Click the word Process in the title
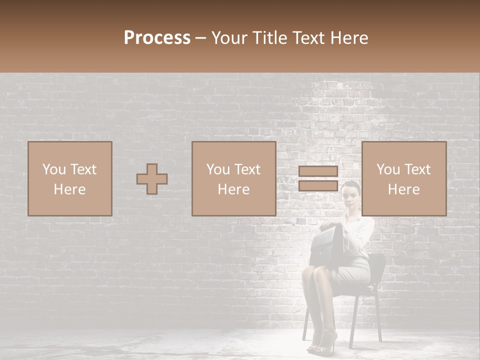pos(157,38)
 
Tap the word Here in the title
pos(349,38)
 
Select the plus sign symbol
pos(152,179)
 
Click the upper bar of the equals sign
pos(318,171)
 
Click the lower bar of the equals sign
pos(318,186)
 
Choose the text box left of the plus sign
pos(70,179)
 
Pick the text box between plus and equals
pos(234,179)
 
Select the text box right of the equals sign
pos(404,179)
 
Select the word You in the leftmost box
pos(53,169)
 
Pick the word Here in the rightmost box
pos(404,189)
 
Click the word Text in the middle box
pos(247,169)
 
